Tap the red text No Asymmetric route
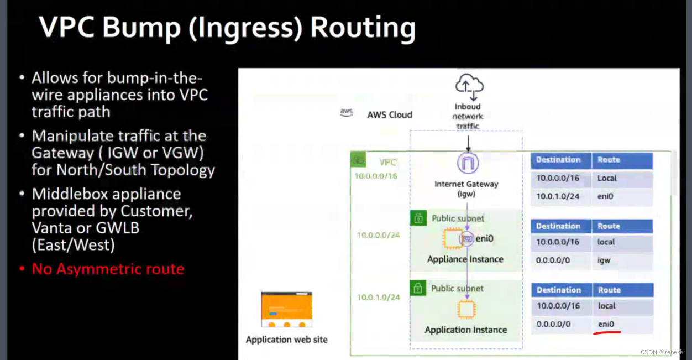pyautogui.click(x=108, y=269)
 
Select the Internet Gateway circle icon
pyautogui.click(x=467, y=163)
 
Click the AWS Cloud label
pyautogui.click(x=390, y=115)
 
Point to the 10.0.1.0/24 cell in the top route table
pyautogui.click(x=558, y=196)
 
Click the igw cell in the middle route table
pyautogui.click(x=604, y=260)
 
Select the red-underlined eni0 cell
pyautogui.click(x=606, y=324)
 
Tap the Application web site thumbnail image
pyautogui.click(x=286, y=310)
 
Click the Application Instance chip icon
pyautogui.click(x=466, y=310)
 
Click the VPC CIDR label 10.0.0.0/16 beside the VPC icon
pyautogui.click(x=376, y=176)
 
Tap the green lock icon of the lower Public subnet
pyautogui.click(x=418, y=288)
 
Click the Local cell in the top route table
pyautogui.click(x=607, y=179)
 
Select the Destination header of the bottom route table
pyautogui.click(x=559, y=290)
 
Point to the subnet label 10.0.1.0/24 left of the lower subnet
pyautogui.click(x=378, y=298)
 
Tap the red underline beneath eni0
pyautogui.click(x=607, y=333)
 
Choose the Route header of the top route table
pyautogui.click(x=609, y=160)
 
